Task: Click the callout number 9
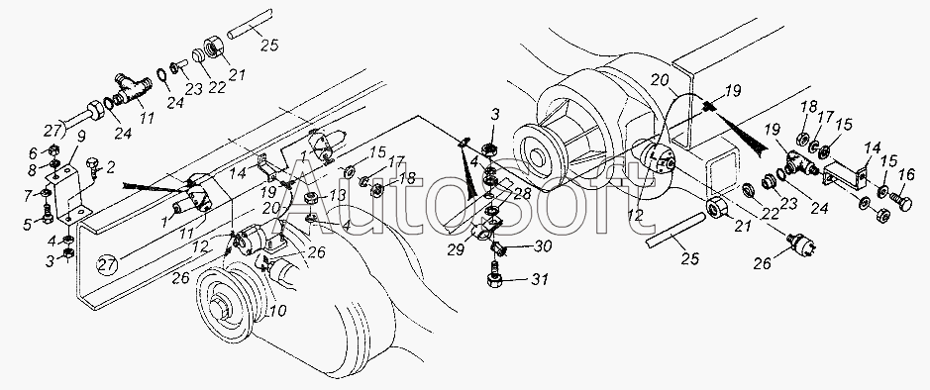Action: [x=81, y=136]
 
